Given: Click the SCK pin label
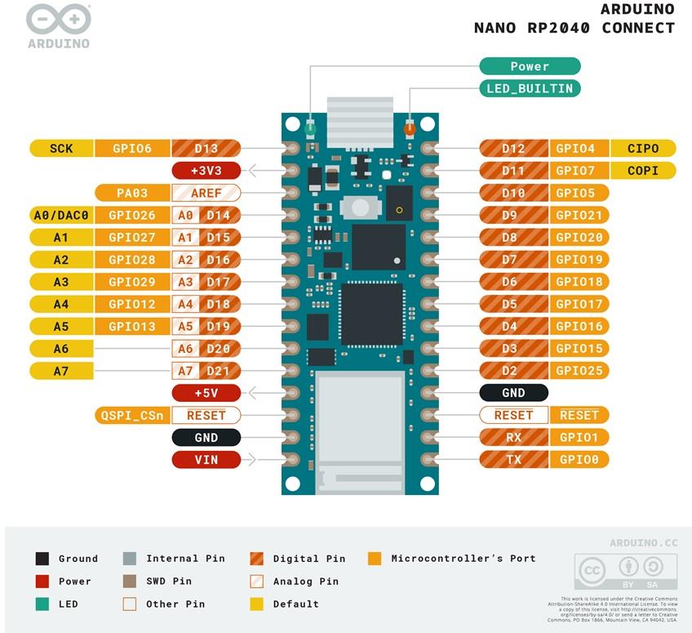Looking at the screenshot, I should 61,149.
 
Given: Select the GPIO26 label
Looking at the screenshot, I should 131,216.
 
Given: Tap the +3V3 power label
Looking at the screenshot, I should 206,171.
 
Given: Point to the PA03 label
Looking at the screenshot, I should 131,194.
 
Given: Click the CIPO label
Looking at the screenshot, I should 643,149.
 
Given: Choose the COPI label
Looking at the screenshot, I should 643,171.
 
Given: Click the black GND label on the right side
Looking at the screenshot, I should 513,393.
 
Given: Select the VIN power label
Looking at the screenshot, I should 206,460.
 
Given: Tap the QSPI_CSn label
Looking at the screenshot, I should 131,415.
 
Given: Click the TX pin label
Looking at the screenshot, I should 513,460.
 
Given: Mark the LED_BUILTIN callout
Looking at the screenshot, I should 530,88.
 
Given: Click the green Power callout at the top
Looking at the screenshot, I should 530,66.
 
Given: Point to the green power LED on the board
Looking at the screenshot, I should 310,128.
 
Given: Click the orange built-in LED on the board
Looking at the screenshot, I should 410,128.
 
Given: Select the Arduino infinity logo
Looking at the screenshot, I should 58,19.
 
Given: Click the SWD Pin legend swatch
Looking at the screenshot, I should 130,582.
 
